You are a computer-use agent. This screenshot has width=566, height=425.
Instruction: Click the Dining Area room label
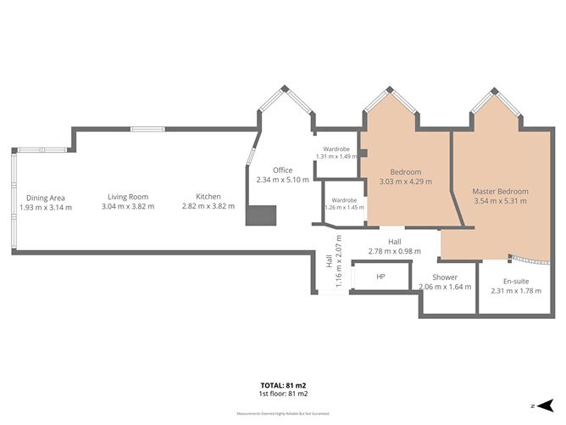46,197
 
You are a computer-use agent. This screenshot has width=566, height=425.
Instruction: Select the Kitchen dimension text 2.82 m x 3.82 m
208,207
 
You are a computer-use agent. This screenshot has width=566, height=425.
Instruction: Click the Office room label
282,171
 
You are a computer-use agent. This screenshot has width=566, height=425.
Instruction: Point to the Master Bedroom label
500,192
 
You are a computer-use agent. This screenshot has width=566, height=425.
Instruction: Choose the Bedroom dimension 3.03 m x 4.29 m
405,182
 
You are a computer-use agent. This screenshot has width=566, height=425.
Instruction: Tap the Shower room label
445,277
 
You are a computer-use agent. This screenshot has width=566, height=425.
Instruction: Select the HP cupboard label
380,277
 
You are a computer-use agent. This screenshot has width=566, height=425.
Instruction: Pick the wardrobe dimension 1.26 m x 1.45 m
342,207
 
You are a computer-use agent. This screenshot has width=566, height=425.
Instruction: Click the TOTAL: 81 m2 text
283,385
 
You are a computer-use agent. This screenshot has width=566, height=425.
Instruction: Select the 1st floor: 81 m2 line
283,394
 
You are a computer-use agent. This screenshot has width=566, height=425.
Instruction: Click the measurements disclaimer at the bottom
283,414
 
